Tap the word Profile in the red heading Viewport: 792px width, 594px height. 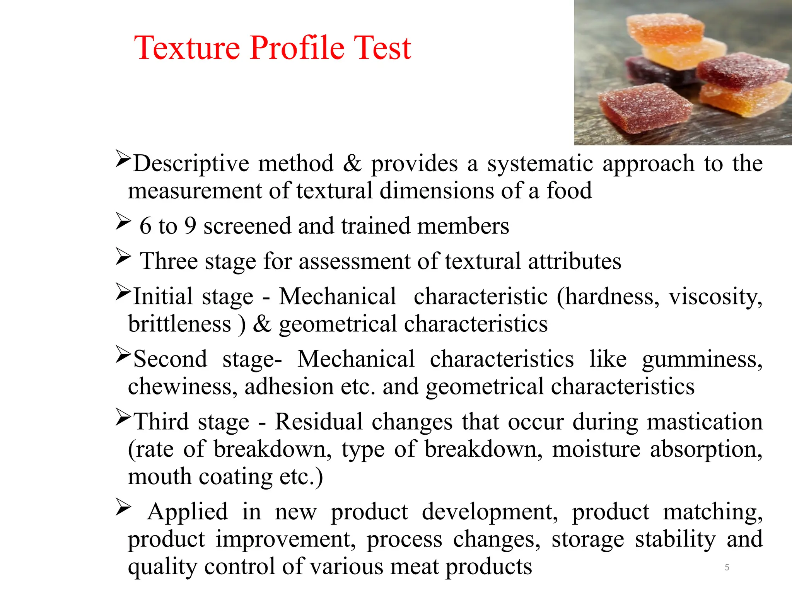(297, 48)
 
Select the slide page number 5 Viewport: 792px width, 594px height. (727, 567)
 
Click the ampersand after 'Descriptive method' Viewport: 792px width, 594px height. (352, 163)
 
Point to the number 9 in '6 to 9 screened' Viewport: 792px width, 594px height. (190, 226)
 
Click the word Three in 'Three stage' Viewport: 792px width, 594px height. (168, 261)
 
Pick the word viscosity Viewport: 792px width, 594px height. (715, 297)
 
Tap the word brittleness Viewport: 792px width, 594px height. (179, 324)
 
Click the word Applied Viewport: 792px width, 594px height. (188, 512)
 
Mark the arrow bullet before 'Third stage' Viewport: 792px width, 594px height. (123, 418)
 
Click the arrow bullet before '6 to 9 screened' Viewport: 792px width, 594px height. (123, 222)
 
